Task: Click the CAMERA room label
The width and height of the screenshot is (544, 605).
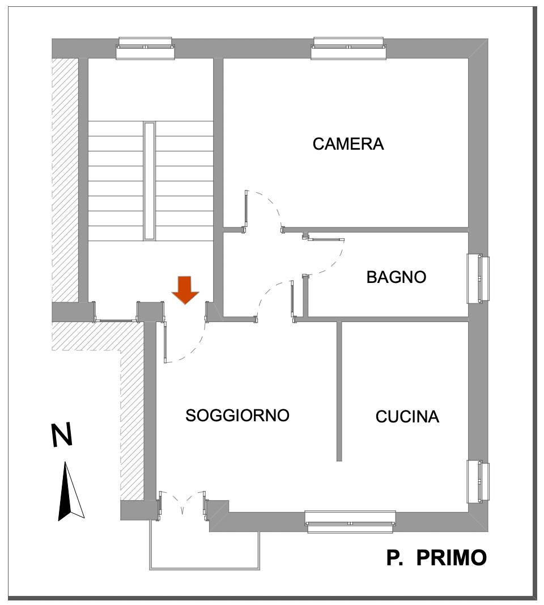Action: (x=348, y=144)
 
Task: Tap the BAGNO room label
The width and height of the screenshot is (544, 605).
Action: (x=396, y=277)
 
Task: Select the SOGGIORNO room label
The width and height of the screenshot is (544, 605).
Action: (x=237, y=416)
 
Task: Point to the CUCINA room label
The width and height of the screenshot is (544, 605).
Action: (x=407, y=417)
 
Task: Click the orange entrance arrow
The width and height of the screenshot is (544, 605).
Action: (x=185, y=290)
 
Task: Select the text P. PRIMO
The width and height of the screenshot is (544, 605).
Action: (x=436, y=558)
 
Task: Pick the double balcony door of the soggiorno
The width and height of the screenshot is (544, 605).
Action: (x=182, y=504)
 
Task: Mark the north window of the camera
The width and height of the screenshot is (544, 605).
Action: (x=350, y=48)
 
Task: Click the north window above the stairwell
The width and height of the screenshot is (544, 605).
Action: (x=145, y=48)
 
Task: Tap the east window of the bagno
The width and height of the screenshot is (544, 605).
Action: (x=478, y=278)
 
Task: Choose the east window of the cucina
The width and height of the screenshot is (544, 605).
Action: (x=478, y=481)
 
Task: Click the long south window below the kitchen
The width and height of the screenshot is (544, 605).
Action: (x=350, y=521)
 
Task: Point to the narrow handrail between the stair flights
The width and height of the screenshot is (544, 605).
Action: (x=150, y=180)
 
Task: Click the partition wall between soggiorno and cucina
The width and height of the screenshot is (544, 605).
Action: (x=339, y=391)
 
